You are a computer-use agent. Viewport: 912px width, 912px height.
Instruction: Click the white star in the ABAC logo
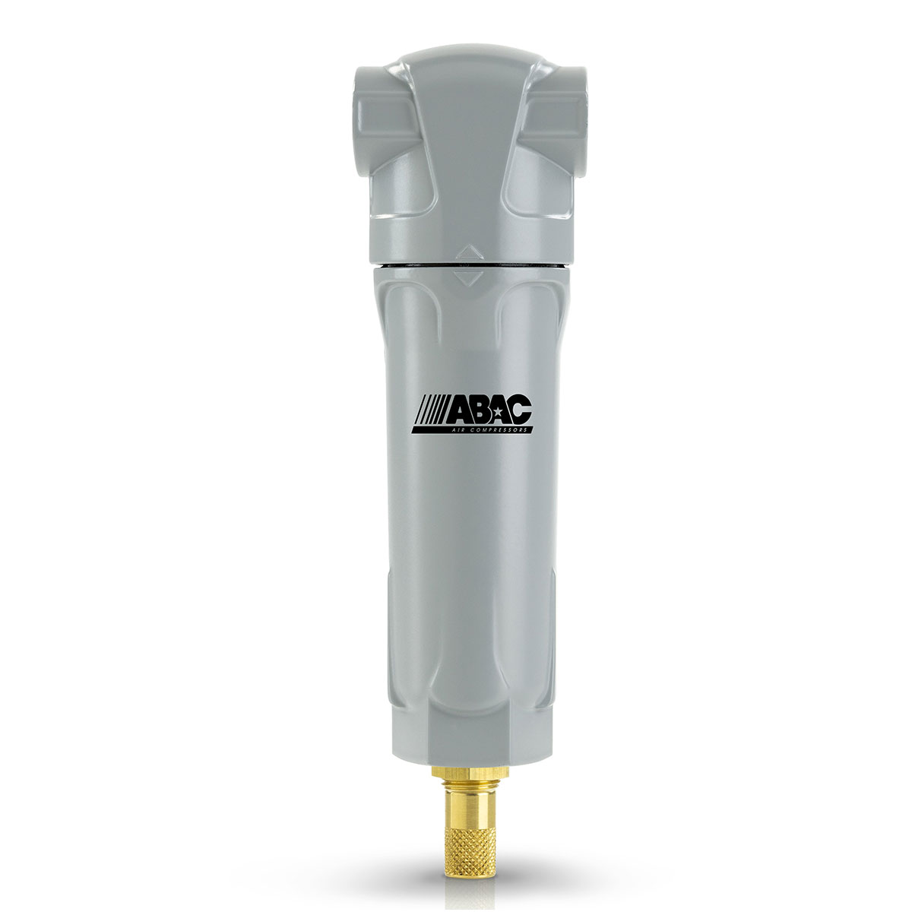click(x=496, y=410)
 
